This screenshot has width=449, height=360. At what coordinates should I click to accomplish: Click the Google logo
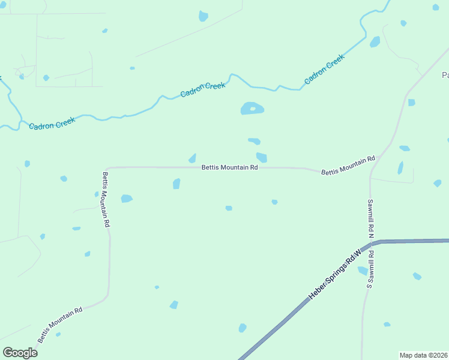pos(20,353)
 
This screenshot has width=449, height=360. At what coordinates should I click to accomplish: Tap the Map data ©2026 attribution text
pos(423,355)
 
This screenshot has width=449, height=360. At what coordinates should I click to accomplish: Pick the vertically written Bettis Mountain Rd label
pos(106,199)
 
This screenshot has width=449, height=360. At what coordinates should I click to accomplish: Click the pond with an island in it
pos(252,109)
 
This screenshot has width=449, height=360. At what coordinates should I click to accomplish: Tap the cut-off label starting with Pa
pos(445,75)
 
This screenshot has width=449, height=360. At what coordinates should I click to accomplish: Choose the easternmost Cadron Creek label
pos(324,69)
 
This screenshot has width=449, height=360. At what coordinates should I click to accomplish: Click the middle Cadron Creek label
pos(203,90)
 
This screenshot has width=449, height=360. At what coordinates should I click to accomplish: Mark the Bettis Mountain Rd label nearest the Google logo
pos(59,326)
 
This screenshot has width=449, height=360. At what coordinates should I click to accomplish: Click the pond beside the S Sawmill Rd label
pos(363,271)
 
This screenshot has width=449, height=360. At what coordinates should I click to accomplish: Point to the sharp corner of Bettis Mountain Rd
pos(106,169)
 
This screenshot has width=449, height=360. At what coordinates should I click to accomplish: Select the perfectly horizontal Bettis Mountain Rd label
pos(229,168)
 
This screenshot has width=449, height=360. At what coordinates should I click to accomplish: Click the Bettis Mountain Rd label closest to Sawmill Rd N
pos(348,164)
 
